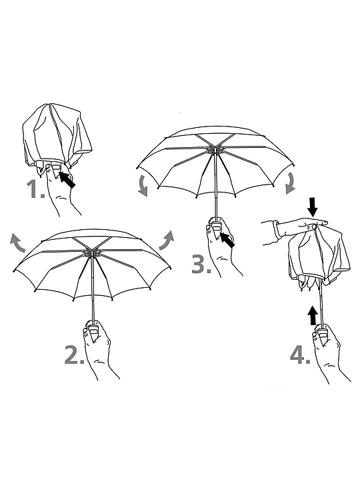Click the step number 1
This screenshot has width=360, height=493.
pyautogui.click(x=36, y=189)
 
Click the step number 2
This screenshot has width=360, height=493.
pyautogui.click(x=74, y=354)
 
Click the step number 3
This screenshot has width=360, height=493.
pyautogui.click(x=201, y=264)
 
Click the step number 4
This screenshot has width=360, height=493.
pyautogui.click(x=299, y=355)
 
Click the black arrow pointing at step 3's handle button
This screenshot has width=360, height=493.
pyautogui.click(x=227, y=241)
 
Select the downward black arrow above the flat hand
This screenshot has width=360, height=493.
pyautogui.click(x=313, y=207)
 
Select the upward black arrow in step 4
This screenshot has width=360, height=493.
pyautogui.click(x=313, y=315)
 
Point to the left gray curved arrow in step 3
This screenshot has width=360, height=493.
pyautogui.click(x=143, y=185)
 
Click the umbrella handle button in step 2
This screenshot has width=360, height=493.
pyautogui.click(x=93, y=330)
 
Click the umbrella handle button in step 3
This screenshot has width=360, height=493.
pyautogui.click(x=216, y=227)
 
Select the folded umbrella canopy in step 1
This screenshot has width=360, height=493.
pyautogui.click(x=57, y=136)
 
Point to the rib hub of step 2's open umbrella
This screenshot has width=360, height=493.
pyautogui.click(x=92, y=253)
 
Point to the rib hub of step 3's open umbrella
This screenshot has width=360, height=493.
pyautogui.click(x=215, y=150)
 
